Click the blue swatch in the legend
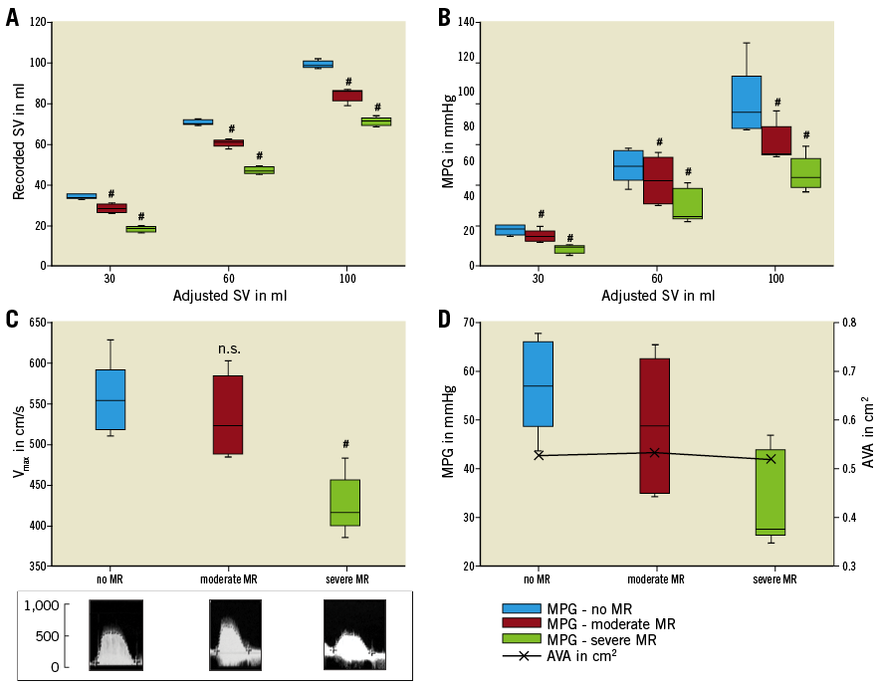click(522, 608)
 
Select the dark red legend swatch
click(522, 623)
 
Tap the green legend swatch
click(522, 638)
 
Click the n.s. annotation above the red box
click(230, 348)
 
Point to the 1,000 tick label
click(42, 605)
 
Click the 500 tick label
click(48, 636)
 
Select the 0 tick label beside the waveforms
click(56, 667)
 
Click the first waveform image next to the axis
click(116, 633)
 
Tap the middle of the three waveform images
click(235, 633)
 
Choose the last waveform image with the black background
click(354, 633)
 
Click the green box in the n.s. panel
click(345, 503)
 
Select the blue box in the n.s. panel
click(110, 399)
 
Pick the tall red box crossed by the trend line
click(655, 425)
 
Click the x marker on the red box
click(654, 453)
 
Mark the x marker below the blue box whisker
click(539, 455)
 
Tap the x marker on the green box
click(771, 459)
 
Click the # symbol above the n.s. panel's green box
click(345, 444)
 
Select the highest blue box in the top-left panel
click(318, 64)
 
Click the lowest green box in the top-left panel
click(140, 229)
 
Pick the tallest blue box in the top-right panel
click(747, 102)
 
